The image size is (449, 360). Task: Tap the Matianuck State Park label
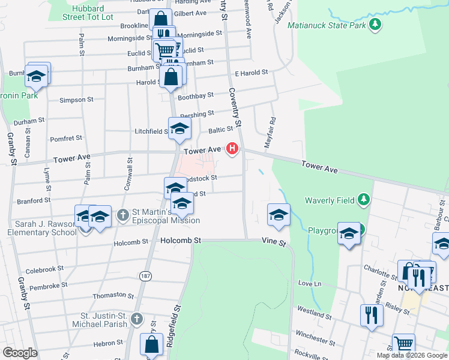pos(327,25)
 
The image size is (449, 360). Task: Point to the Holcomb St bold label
pos(180,240)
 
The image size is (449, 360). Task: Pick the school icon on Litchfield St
pos(179,128)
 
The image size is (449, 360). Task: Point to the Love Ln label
pos(310,283)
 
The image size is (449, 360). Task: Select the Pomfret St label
pos(66,139)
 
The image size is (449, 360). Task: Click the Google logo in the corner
pos(20,353)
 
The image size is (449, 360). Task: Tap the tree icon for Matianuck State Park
pos(375,24)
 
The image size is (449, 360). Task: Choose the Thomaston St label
pos(113,296)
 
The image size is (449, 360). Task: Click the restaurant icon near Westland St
pos(372,314)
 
